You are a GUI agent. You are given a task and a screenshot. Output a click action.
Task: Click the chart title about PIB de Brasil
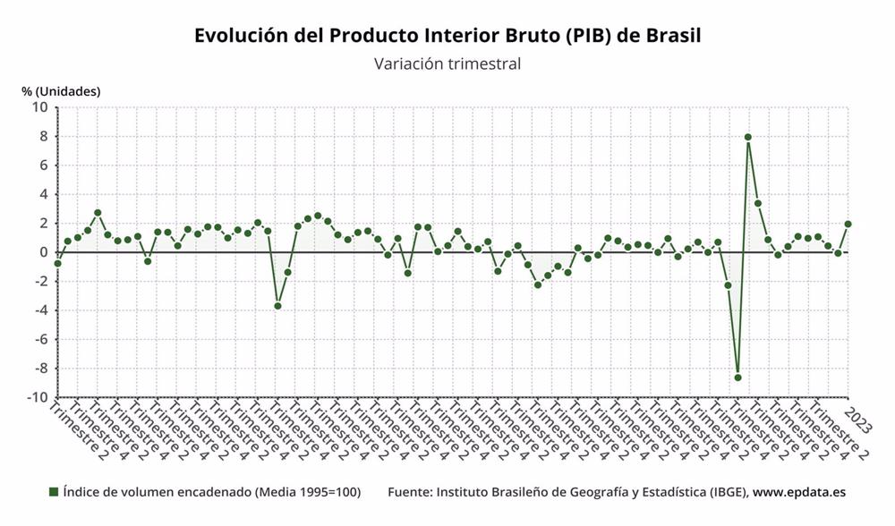click(447, 35)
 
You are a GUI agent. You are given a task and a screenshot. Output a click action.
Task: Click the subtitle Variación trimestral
click(447, 64)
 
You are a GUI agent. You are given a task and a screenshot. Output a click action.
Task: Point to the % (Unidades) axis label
click(61, 91)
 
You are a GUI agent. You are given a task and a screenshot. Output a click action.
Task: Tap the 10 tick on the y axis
click(40, 107)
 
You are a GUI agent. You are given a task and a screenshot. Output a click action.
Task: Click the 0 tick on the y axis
click(44, 252)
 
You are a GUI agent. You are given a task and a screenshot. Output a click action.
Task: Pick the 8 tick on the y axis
click(44, 136)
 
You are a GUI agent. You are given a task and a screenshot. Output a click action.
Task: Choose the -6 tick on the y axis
click(41, 339)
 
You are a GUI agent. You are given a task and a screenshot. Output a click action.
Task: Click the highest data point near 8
click(748, 137)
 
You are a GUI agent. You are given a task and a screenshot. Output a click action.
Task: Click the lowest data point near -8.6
click(737, 378)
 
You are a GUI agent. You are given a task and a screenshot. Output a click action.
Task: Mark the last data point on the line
click(848, 224)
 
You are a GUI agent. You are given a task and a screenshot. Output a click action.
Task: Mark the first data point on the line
click(58, 263)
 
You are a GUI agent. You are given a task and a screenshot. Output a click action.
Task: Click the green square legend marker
click(54, 492)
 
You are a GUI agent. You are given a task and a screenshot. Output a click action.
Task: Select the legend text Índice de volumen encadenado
click(211, 492)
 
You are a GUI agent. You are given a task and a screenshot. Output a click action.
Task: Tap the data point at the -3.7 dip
click(277, 306)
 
